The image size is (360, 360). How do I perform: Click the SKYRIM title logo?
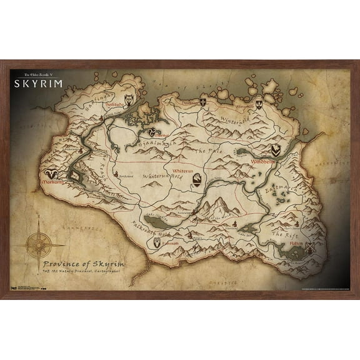pos(36,83)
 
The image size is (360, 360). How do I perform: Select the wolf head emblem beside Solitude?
pos(130,99)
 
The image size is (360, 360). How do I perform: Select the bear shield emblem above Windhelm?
pos(276,150)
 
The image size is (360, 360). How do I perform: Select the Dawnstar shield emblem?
pos(204,101)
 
